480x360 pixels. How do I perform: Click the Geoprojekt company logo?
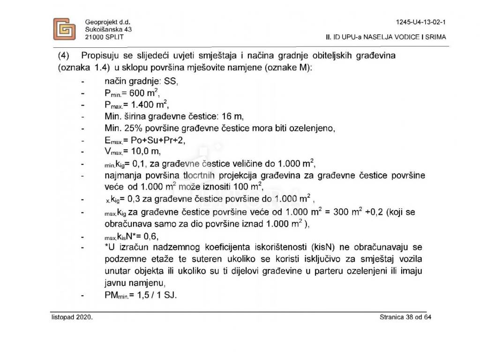tap(64, 29)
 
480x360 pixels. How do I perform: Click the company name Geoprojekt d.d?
tap(107, 22)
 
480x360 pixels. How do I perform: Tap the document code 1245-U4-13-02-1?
tap(421, 22)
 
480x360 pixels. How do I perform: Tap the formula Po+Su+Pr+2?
tap(152, 140)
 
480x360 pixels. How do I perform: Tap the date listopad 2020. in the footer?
tap(73, 318)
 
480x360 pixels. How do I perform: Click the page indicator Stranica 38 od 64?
tap(405, 318)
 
